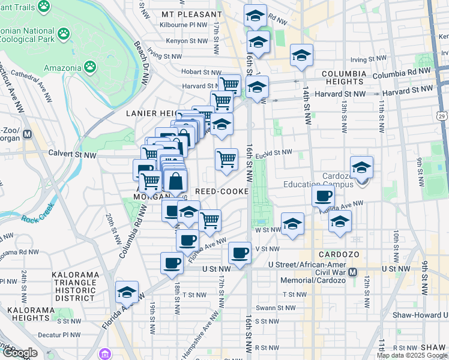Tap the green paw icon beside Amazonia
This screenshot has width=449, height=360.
pos(90,65)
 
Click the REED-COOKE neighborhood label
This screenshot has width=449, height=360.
pos(222,191)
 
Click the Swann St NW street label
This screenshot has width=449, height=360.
pos(275,308)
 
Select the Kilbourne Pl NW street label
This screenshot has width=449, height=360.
pos(183,25)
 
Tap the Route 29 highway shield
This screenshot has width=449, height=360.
pos(442,116)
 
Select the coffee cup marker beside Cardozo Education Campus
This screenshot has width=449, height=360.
pos(324,196)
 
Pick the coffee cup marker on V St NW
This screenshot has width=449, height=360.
pos(240,253)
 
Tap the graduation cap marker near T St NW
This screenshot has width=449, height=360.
pos(127,292)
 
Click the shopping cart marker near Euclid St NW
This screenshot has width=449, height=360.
pos(226,160)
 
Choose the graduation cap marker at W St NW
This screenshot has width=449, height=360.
pos(292,224)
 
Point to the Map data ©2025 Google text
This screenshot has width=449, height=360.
pos(411,355)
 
